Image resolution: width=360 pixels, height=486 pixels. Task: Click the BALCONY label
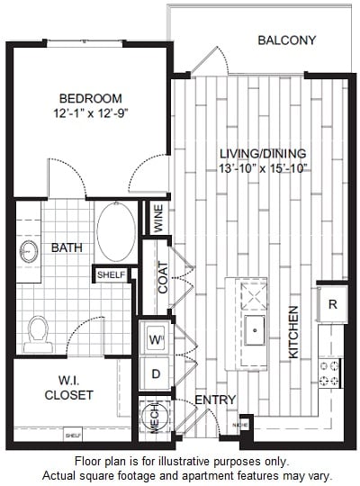287,40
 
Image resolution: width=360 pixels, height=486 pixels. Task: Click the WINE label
158,221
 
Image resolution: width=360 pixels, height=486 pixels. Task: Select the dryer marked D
153,372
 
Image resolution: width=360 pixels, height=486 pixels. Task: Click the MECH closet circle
151,417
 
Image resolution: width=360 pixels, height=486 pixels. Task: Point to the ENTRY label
215,400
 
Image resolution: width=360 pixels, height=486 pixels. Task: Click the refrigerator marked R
332,304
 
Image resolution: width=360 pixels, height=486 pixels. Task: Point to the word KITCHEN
293,332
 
